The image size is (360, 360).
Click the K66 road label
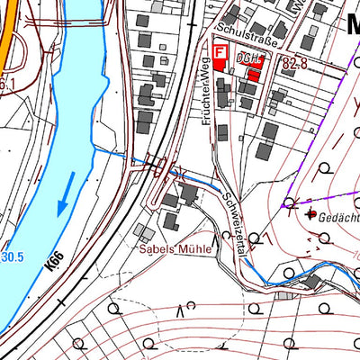56,263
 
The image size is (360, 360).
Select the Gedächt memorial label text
338,216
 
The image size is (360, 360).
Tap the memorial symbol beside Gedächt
311,215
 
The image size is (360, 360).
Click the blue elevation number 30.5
11,259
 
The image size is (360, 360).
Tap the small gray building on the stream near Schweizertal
286,294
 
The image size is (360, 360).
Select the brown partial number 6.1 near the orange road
8,85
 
